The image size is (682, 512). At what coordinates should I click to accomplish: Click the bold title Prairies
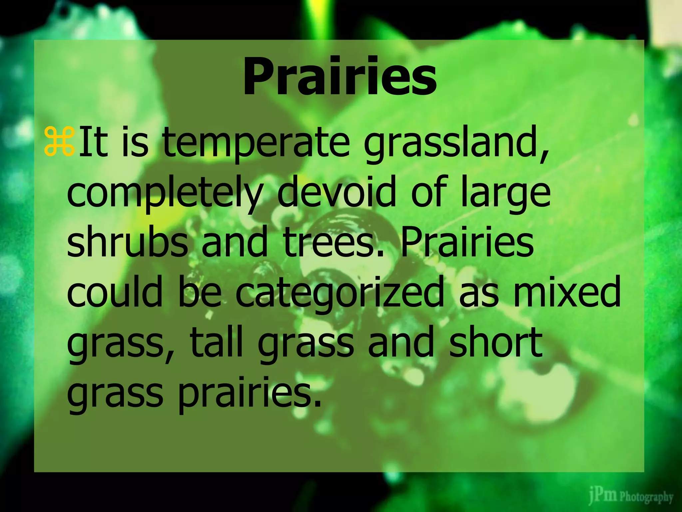click(340, 76)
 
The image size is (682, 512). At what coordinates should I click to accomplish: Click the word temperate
click(256, 143)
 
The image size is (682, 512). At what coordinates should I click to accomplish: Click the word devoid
click(336, 192)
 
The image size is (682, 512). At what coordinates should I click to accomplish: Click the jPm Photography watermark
click(631, 497)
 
